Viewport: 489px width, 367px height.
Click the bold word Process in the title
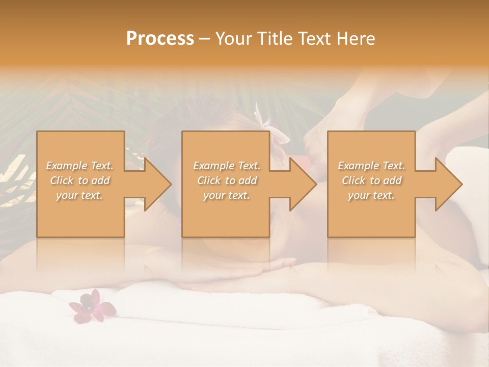point(160,39)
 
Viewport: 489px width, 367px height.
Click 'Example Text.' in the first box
point(80,166)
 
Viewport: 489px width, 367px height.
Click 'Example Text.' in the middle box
point(227,166)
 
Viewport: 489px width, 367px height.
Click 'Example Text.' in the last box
point(371,166)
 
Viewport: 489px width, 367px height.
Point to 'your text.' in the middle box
point(227,195)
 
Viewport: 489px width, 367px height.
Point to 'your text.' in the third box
point(371,195)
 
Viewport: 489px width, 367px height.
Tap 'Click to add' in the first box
point(80,180)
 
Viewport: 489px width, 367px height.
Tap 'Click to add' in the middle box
point(227,180)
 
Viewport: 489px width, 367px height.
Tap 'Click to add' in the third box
point(371,180)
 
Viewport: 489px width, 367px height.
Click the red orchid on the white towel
point(91,306)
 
